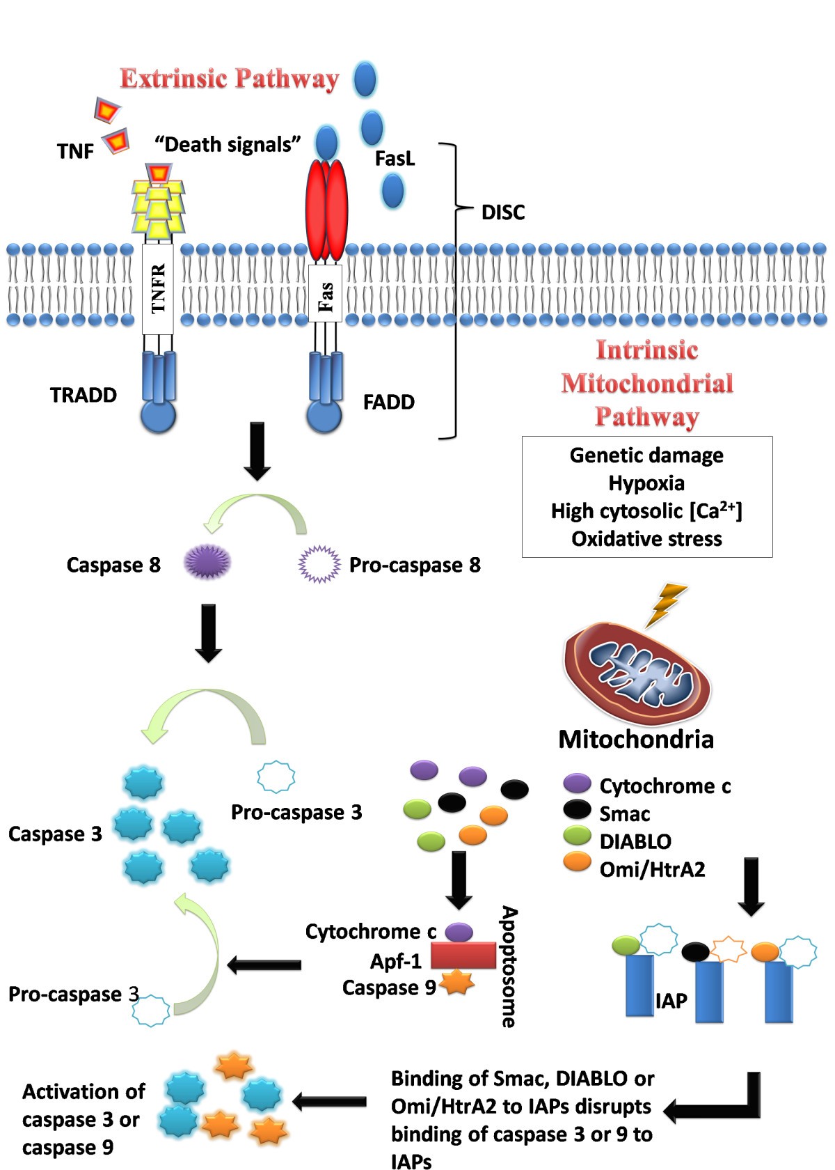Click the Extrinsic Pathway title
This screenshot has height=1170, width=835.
tap(230, 78)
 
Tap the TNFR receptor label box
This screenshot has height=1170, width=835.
tap(158, 288)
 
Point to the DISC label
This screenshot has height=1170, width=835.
tap(503, 212)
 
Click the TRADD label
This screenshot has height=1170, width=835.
tap(83, 395)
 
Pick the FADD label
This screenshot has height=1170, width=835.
tap(389, 402)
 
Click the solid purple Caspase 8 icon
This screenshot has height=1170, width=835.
tap(207, 562)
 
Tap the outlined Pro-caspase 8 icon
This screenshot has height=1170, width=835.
tap(319, 563)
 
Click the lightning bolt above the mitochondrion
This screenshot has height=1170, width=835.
tap(667, 604)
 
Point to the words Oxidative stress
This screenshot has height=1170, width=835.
tap(646, 539)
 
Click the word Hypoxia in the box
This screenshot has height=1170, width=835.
tap(646, 483)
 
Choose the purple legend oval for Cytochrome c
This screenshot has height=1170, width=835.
tap(577, 783)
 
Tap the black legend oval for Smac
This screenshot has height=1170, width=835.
tap(577, 809)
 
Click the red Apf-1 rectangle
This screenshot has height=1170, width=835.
tap(463, 955)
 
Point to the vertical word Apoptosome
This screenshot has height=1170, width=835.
tap(509, 967)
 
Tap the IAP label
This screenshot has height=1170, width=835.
tap(671, 1001)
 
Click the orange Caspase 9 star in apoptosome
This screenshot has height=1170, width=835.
tap(457, 983)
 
